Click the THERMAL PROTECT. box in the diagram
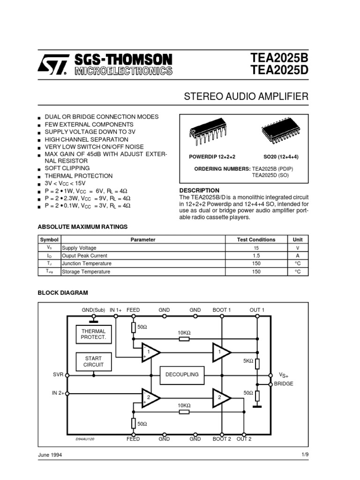tap(94, 334)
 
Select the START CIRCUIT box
tap(94, 361)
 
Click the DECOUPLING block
tap(182, 375)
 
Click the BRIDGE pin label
tap(283, 384)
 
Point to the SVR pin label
tap(58, 375)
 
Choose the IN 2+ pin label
tap(58, 393)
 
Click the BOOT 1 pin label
tap(222, 310)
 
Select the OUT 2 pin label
tap(244, 439)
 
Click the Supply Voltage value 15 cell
tap(256, 247)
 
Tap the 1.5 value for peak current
tap(256, 255)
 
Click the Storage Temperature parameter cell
tap(86, 271)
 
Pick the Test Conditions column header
tap(256, 240)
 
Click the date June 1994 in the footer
tap(50, 455)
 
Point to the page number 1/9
tap(305, 455)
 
